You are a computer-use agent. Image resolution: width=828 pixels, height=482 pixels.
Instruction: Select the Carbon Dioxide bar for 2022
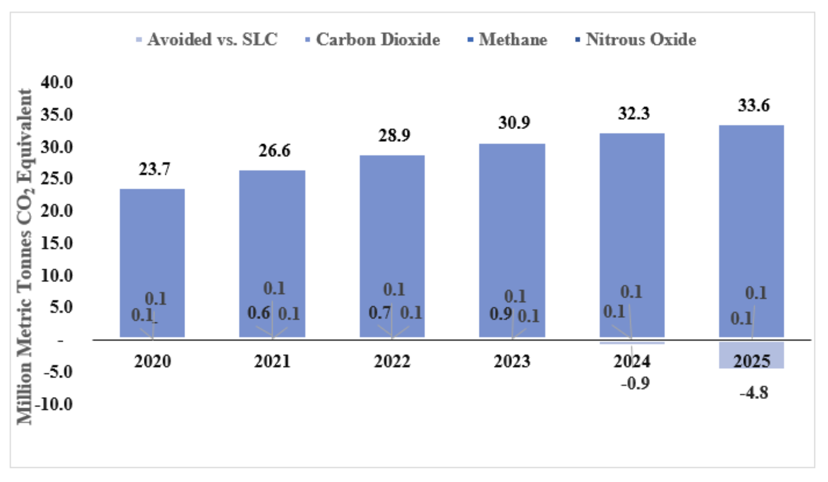pyautogui.click(x=392, y=230)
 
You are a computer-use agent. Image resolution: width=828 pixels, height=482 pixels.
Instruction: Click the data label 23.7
pyautogui.click(x=155, y=169)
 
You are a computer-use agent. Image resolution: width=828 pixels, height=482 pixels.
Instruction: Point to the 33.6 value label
pyautogui.click(x=753, y=106)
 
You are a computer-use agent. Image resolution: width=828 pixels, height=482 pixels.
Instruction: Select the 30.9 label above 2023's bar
pyautogui.click(x=514, y=123)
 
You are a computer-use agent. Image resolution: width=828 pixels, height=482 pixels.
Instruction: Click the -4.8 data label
pyautogui.click(x=754, y=393)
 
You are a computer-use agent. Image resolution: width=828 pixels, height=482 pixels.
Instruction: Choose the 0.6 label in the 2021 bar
pyautogui.click(x=259, y=313)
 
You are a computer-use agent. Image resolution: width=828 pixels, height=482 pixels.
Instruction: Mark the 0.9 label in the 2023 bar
pyautogui.click(x=501, y=314)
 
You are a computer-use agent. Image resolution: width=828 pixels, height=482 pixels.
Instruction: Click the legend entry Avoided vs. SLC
pyautogui.click(x=207, y=40)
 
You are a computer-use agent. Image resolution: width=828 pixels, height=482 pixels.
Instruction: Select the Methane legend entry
pyautogui.click(x=508, y=40)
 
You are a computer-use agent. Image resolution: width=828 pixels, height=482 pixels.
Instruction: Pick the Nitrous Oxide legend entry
pyautogui.click(x=636, y=40)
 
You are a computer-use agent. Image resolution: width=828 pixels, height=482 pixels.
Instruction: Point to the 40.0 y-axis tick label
pyautogui.click(x=56, y=82)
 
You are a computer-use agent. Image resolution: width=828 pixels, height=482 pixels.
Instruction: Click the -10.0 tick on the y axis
pyautogui.click(x=54, y=404)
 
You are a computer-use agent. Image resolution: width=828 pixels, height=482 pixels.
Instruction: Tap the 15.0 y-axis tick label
pyautogui.click(x=56, y=243)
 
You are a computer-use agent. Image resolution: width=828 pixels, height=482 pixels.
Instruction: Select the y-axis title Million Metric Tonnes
pyautogui.click(x=25, y=256)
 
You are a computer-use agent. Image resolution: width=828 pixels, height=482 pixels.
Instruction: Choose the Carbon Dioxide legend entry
pyautogui.click(x=373, y=40)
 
